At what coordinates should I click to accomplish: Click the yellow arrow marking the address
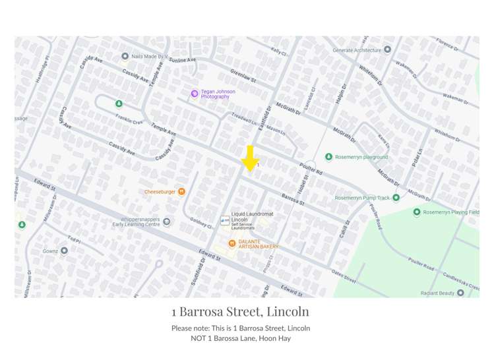pos(249,159)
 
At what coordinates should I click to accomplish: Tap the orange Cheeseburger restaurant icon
pos(181,192)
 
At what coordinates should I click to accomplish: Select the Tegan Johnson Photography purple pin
pos(194,94)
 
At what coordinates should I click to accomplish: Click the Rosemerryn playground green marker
pos(328,157)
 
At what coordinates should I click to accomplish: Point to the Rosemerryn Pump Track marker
pos(396,198)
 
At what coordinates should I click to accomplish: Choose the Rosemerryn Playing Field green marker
pos(417,212)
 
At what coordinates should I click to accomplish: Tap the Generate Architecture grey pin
pos(387,49)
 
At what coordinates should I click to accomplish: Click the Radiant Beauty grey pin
pos(460,292)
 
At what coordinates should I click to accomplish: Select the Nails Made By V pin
pos(125,57)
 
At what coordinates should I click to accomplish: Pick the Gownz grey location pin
pos(64,251)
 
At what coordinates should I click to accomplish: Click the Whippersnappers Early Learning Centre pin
pos(166,222)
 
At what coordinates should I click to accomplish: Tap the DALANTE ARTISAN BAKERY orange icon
pos(232,244)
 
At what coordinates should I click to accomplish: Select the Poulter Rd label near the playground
pos(310,168)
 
